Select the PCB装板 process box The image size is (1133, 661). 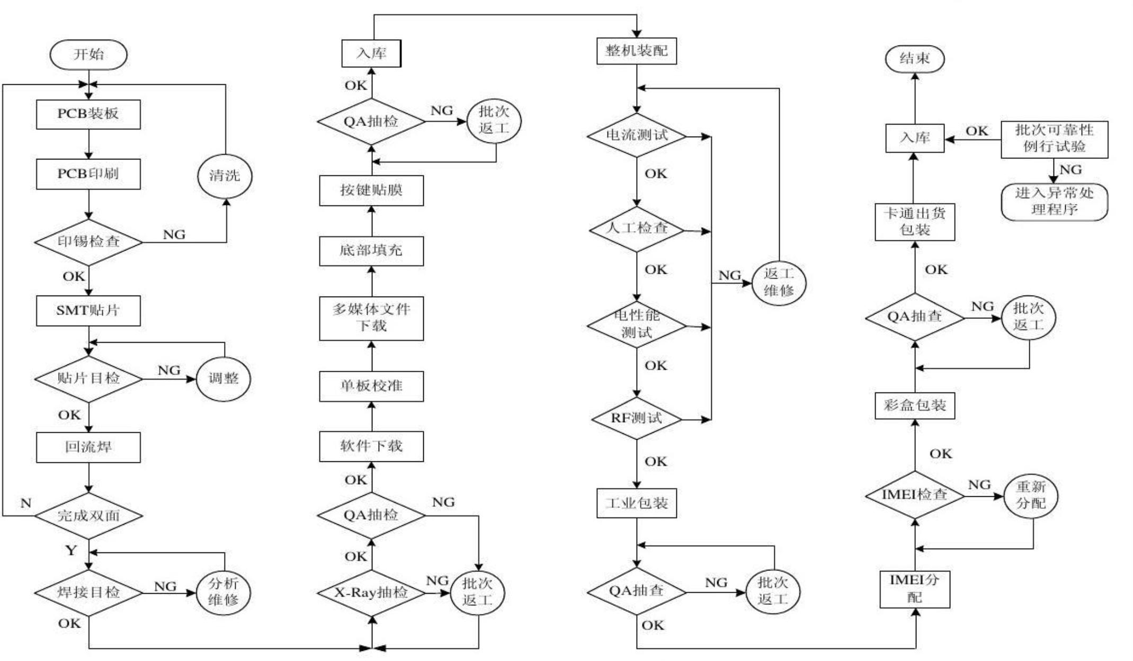click(x=88, y=114)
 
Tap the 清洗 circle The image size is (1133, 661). click(x=225, y=176)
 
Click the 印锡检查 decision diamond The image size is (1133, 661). click(x=88, y=242)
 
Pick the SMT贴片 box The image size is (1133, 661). click(x=88, y=310)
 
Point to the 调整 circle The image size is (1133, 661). click(x=224, y=379)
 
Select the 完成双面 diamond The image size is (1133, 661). click(x=88, y=515)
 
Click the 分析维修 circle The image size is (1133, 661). click(x=224, y=592)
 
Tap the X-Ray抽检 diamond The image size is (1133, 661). click(x=371, y=593)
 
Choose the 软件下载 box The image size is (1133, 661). click(x=371, y=446)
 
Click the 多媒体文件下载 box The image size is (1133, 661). click(x=371, y=318)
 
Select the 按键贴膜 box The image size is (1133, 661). click(x=371, y=191)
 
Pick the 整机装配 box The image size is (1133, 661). click(x=636, y=51)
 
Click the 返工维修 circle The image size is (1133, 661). click(x=779, y=283)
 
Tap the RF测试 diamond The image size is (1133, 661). click(x=636, y=418)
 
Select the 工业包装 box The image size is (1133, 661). click(x=636, y=503)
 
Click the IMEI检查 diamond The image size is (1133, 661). click(x=915, y=495)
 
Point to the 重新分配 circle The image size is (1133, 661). click(x=1031, y=495)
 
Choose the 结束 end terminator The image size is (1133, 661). click(x=915, y=59)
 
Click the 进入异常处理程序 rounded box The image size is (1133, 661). click(x=1054, y=202)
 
